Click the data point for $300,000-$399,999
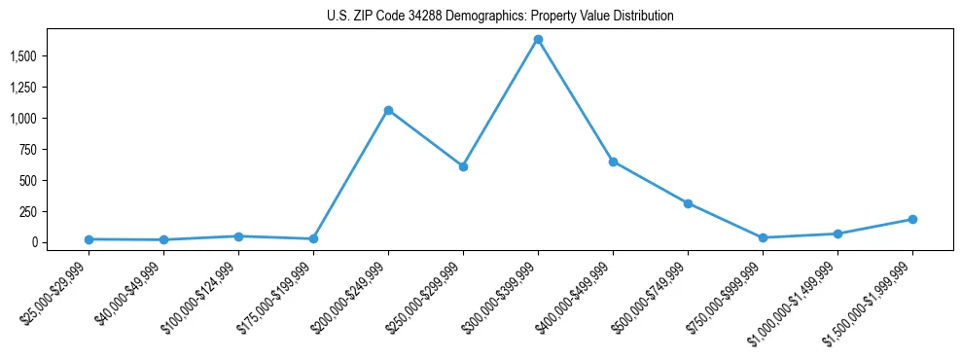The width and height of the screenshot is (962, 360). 538,40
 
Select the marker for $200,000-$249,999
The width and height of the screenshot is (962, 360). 388,110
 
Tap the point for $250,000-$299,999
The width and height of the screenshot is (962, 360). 463,166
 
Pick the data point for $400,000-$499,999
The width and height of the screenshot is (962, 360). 613,162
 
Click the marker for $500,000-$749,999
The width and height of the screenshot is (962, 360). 688,203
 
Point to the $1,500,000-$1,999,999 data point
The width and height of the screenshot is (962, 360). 912,219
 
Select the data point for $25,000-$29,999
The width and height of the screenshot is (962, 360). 89,239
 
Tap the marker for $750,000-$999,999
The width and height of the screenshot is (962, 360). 763,237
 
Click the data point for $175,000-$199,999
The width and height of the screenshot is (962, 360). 313,238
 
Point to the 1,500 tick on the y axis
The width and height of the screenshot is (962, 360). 23,56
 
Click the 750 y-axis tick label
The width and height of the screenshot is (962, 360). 28,149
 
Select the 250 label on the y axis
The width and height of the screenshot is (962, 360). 28,211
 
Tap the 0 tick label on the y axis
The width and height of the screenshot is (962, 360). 34,242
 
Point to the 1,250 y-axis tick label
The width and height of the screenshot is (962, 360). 23,88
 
